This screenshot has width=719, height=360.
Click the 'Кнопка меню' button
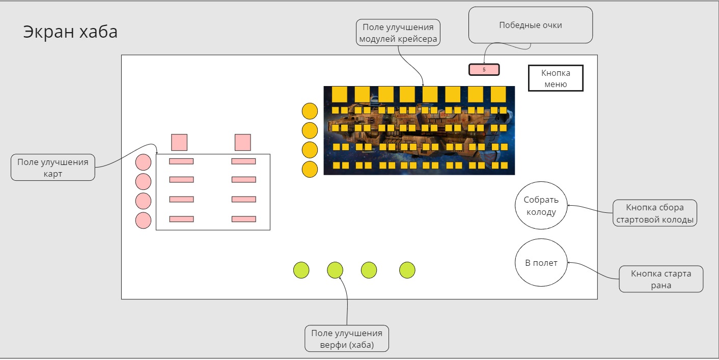[556, 78]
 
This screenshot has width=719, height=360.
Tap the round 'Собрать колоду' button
[541, 206]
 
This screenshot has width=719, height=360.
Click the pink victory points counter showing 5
[484, 69]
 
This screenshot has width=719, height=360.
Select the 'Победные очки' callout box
[530, 25]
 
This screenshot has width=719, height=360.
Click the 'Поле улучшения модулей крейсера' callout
[398, 33]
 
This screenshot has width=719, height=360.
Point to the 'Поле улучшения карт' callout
[53, 168]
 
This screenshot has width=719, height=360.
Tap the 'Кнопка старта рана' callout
[661, 279]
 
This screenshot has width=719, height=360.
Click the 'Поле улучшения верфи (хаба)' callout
[347, 339]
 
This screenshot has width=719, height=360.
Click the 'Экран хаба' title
[70, 32]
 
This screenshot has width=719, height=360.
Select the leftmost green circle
[301, 270]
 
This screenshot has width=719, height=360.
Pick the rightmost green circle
[407, 270]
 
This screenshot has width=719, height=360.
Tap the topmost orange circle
[310, 112]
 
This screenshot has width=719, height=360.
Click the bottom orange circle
[310, 169]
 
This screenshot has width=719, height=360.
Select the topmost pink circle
[144, 162]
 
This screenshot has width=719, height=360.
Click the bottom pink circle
[144, 220]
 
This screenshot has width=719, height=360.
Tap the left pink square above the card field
[179, 142]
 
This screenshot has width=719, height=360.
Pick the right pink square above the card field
[243, 142]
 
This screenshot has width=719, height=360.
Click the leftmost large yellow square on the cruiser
[340, 94]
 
